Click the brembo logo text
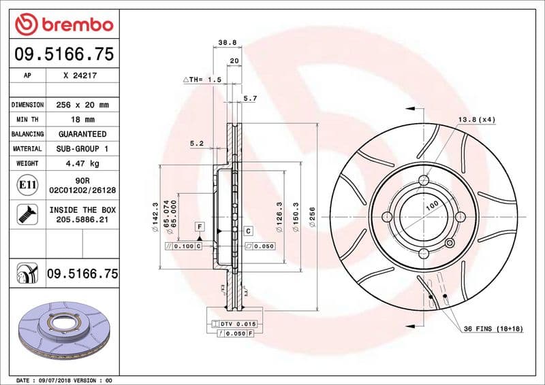point(75,24)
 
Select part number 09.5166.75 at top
point(64,54)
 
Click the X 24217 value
point(80,76)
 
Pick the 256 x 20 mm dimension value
point(82,105)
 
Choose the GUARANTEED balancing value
point(82,134)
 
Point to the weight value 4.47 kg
point(82,163)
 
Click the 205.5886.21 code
point(82,220)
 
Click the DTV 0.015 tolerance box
point(236,324)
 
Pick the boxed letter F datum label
point(200,225)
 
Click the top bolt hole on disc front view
point(423,181)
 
